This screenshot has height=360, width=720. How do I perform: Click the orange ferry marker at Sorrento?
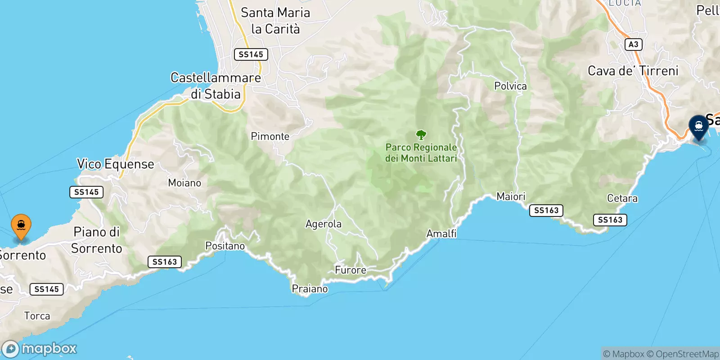click(21, 225)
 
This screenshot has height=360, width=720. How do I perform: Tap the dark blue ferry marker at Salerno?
click(698, 126)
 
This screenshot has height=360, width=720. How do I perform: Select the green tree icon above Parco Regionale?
click(421, 135)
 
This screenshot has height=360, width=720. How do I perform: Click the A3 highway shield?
click(633, 44)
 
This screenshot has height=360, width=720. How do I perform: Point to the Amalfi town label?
click(441, 234)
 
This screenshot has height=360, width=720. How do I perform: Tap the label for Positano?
click(225, 246)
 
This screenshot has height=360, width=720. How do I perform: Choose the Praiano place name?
click(310, 289)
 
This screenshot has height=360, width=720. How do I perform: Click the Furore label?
click(351, 270)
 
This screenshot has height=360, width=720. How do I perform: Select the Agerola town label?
click(323, 224)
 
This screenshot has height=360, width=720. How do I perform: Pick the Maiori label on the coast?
click(511, 197)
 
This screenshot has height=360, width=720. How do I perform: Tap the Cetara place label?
click(622, 198)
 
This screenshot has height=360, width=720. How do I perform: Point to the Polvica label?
click(510, 86)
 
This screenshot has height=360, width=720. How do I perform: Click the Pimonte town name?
click(270, 136)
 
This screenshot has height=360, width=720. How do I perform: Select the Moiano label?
click(184, 183)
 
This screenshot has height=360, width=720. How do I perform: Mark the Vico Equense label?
click(116, 164)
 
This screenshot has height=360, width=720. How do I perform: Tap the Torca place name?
click(37, 316)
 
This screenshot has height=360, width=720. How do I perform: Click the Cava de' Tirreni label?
click(633, 71)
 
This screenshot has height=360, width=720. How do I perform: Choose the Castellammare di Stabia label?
click(216, 86)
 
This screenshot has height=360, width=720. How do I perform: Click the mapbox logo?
click(40, 349)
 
